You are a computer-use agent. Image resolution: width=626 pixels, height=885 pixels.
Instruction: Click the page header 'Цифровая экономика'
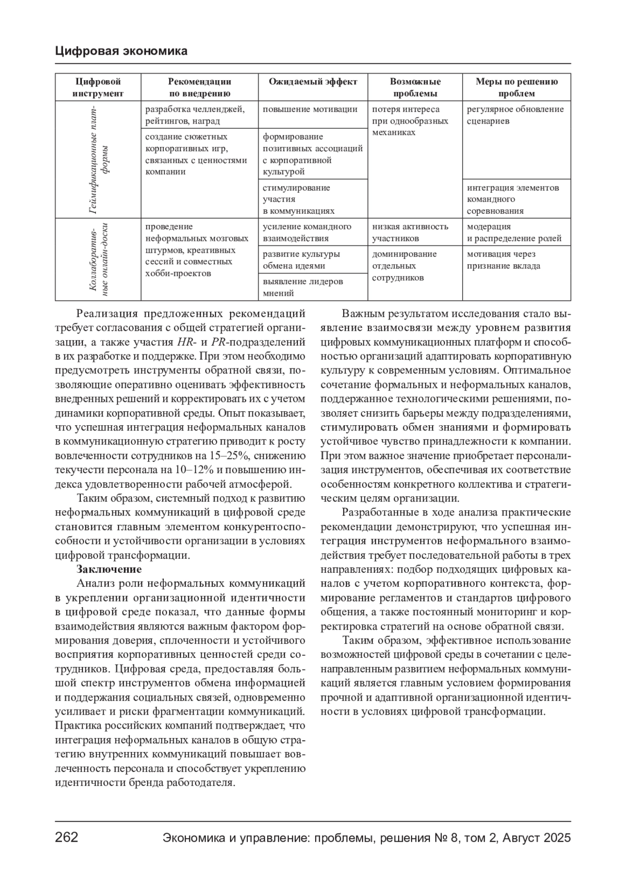click(x=121, y=51)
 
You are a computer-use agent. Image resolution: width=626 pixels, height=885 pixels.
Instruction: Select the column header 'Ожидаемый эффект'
click(x=313, y=82)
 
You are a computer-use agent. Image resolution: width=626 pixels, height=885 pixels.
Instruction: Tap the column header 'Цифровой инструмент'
click(x=98, y=88)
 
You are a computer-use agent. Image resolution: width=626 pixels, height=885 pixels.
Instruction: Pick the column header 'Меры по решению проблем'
click(x=516, y=88)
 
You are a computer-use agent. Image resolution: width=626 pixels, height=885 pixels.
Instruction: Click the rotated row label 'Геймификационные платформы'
click(x=98, y=159)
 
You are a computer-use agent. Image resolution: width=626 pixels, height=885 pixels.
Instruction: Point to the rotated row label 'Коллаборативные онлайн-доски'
click(x=98, y=260)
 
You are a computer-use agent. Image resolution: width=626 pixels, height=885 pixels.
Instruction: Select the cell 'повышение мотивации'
click(x=310, y=109)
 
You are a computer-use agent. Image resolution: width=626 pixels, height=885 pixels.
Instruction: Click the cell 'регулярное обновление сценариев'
click(x=515, y=115)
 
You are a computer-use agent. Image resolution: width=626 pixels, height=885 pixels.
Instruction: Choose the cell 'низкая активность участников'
click(x=410, y=232)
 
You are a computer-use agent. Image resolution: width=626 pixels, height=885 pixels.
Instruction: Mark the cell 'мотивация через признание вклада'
click(x=503, y=260)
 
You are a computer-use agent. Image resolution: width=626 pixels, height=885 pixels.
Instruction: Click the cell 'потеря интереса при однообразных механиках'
click(x=410, y=121)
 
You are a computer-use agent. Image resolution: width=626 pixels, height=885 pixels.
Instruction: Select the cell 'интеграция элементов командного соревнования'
click(x=513, y=199)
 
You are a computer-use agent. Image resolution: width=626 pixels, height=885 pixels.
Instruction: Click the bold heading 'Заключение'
click(x=109, y=569)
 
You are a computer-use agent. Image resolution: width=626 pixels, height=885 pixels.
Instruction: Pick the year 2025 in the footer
click(x=557, y=838)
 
